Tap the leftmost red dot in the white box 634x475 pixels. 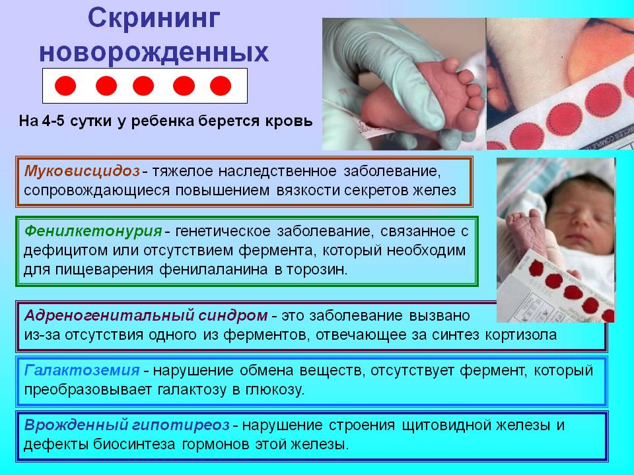pos(65,86)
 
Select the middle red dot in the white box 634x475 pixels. pos(143,86)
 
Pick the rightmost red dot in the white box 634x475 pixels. pos(221,86)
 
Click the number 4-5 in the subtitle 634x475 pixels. pos(59,122)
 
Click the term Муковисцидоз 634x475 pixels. pos(82,172)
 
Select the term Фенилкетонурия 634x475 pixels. pos(93,231)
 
